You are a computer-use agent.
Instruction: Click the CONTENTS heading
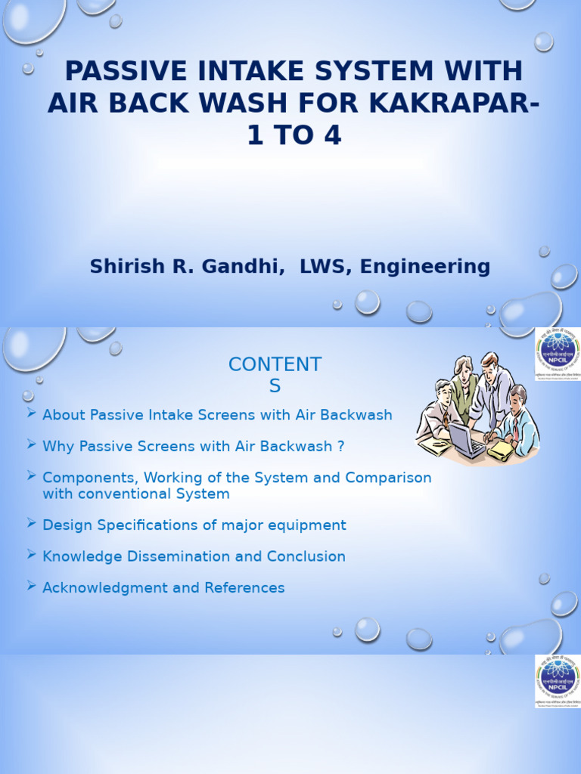(275, 374)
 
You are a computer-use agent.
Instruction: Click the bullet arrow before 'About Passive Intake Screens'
(31, 413)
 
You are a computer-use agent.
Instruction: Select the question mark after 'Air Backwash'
(340, 446)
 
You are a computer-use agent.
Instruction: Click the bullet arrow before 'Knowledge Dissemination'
(31, 554)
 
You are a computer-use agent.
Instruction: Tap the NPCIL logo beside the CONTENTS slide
(558, 354)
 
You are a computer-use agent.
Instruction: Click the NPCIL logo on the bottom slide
(558, 681)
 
